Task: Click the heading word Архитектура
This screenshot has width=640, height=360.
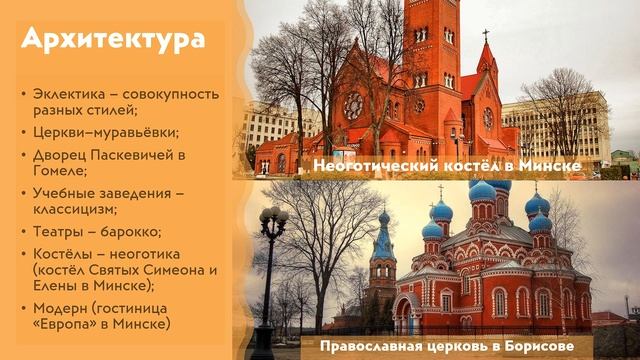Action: coord(113,40)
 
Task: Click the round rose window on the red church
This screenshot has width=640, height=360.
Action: coord(353,105)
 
